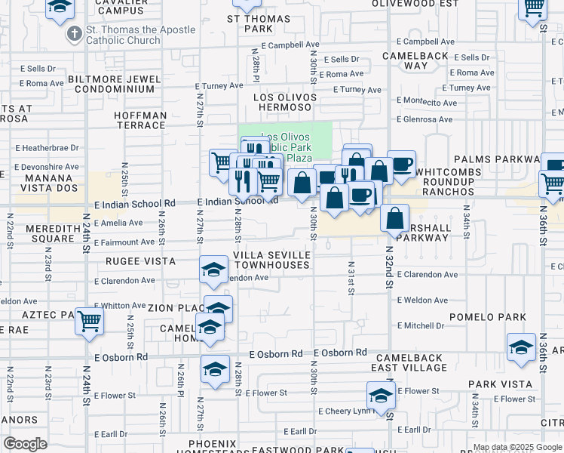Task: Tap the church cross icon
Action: point(74,33)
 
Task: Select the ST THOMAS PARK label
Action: point(259,23)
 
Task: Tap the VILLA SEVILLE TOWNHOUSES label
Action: point(271,260)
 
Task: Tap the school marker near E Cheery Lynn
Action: point(382,395)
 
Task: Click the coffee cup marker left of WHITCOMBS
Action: point(402,164)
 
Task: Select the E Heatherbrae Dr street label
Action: point(51,148)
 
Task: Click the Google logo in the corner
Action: point(26,444)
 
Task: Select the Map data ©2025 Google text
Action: point(517,447)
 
